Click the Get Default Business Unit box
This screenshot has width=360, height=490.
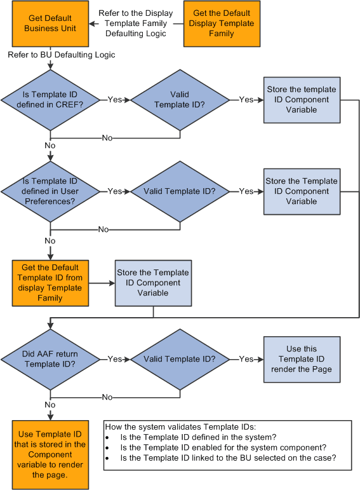point(50,24)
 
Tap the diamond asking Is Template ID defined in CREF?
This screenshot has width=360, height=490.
point(50,100)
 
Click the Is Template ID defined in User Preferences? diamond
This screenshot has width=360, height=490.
point(50,191)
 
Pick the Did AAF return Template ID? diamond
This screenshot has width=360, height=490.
point(50,359)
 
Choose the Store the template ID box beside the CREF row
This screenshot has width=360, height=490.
point(301,100)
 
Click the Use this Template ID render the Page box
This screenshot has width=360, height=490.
point(301,359)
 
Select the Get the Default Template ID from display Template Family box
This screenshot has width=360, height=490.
point(50,283)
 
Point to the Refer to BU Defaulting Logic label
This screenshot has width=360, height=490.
point(62,55)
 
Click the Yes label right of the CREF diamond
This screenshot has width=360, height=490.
point(115,100)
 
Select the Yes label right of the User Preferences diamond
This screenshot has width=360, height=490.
point(115,191)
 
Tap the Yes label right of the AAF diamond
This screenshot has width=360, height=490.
point(115,359)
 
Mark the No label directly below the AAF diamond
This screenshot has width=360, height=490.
point(50,404)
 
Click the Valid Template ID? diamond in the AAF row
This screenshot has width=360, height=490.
point(179,359)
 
